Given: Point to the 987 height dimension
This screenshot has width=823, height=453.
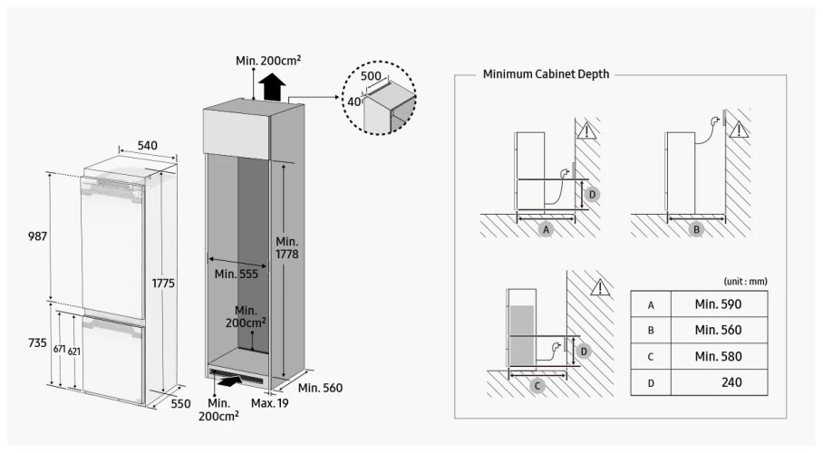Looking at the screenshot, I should [x=37, y=236].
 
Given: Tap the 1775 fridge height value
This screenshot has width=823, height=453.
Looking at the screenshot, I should [x=163, y=284].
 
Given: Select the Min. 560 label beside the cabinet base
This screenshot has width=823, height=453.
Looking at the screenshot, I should [x=320, y=388].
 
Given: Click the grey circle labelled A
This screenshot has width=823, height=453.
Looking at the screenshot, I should [x=546, y=230].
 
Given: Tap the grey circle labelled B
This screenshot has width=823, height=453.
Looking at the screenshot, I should [x=696, y=230].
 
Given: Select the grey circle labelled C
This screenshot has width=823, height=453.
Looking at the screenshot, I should [x=537, y=386].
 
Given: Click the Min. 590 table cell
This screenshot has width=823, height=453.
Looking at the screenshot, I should [x=718, y=305].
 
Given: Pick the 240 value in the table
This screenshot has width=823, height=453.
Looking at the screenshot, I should [x=731, y=382].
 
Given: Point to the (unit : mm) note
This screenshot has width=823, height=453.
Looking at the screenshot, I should [x=745, y=282].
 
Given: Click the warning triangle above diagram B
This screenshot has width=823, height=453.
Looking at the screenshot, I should [x=741, y=131].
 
